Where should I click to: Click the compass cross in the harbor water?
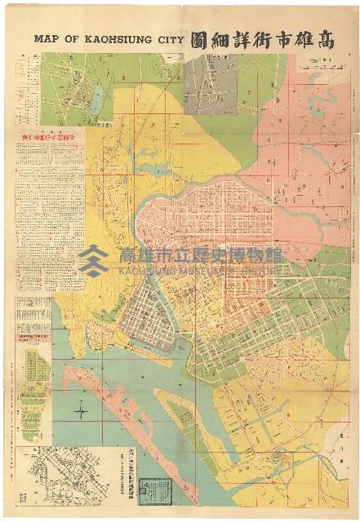81,412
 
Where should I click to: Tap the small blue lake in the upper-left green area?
97,100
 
